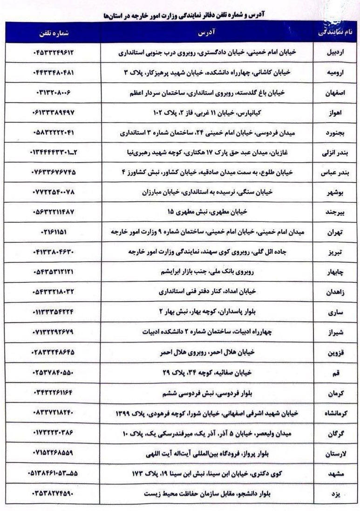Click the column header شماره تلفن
[x=53, y=32]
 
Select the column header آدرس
[x=206, y=33]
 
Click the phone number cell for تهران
[x=54, y=231]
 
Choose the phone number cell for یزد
[x=54, y=493]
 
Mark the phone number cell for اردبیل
[x=54, y=53]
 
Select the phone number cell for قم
[x=54, y=373]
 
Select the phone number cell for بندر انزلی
[x=54, y=152]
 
